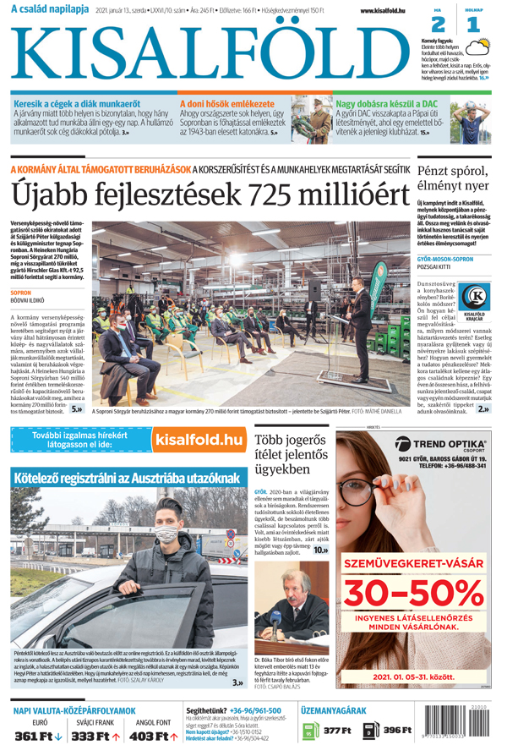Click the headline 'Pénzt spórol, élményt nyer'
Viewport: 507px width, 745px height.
coord(452,177)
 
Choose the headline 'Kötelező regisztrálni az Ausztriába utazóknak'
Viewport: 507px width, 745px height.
coord(128,479)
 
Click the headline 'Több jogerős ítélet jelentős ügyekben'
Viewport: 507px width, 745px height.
coord(292,454)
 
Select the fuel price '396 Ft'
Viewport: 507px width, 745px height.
coord(396,730)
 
